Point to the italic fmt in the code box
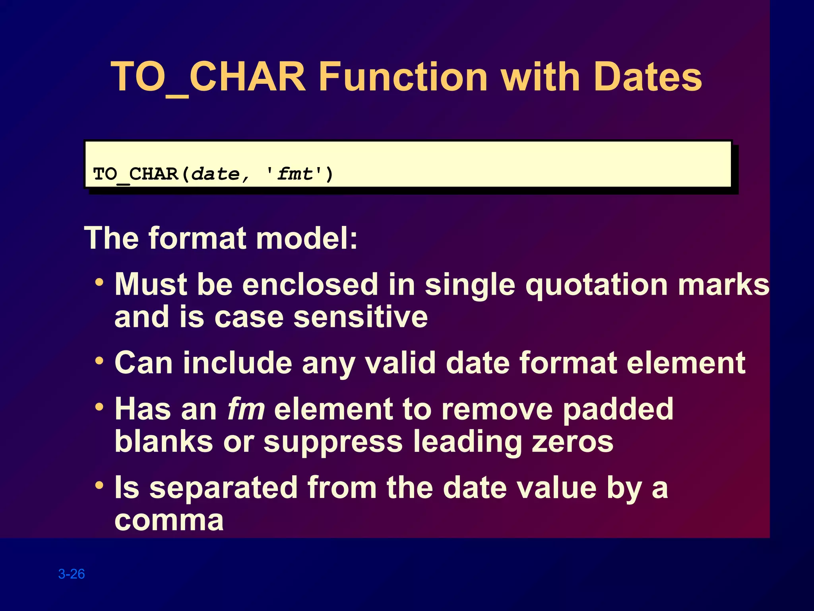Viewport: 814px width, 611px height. [x=295, y=174]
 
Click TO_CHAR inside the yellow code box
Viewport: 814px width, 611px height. [x=136, y=174]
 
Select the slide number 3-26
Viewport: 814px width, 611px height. [x=72, y=574]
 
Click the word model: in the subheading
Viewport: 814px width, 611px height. [x=307, y=238]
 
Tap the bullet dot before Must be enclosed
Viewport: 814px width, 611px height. [x=99, y=283]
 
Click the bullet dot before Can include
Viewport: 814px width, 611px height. [x=99, y=361]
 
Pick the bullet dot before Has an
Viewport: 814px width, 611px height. [x=99, y=407]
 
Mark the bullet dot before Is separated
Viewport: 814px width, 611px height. [x=99, y=486]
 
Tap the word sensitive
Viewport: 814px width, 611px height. [x=360, y=317]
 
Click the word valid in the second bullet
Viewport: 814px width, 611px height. [x=401, y=363]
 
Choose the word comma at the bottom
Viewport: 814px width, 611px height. [x=169, y=520]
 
